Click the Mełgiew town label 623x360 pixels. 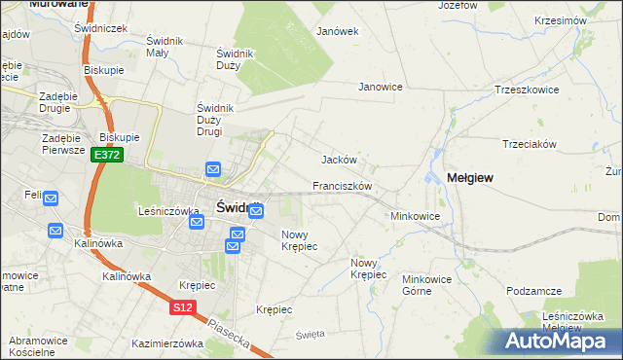470,178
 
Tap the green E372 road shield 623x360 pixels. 107,155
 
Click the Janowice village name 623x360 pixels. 381,87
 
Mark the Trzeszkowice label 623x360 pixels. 527,89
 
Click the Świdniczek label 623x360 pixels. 101,29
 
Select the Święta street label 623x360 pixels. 310,334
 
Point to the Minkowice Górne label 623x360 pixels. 429,283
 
